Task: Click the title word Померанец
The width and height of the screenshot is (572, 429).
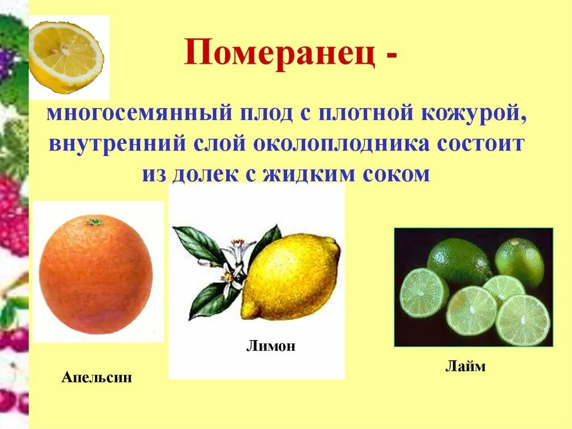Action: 279,56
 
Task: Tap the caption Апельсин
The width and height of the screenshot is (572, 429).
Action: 97,377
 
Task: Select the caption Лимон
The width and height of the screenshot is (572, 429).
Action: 270,346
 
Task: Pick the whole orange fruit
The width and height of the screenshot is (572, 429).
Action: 96,275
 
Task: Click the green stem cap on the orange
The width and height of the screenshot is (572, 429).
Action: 95,222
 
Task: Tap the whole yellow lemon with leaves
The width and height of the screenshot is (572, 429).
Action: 290,276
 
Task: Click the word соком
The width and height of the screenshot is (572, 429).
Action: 398,174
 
